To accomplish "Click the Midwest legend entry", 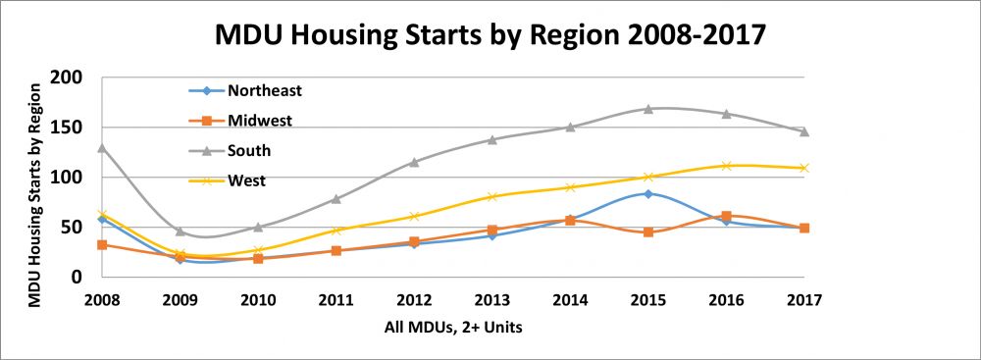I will [260, 121].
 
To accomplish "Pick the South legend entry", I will [249, 151].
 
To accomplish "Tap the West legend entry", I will [246, 180].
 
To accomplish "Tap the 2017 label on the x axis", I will [803, 298].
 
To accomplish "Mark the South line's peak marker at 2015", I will [647, 109].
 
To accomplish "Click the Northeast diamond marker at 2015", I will [647, 193].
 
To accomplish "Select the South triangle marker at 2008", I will [102, 148].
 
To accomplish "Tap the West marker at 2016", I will [726, 166].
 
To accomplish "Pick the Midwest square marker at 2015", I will [647, 232].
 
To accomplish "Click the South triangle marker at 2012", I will [414, 162].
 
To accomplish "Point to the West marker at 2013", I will [492, 196].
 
